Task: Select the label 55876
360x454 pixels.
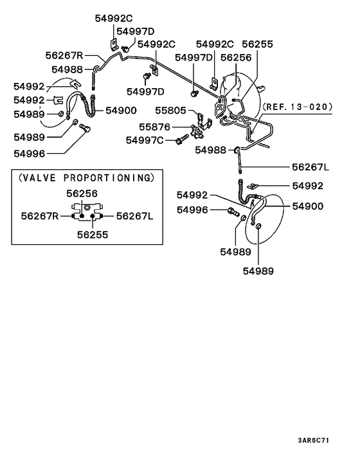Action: (x=154, y=127)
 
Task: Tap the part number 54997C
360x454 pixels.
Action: (x=145, y=140)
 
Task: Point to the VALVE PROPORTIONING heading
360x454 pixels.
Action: (x=86, y=177)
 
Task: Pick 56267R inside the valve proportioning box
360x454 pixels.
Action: (x=40, y=217)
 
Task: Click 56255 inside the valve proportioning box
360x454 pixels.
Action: (x=88, y=235)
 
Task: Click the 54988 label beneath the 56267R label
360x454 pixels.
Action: (x=67, y=69)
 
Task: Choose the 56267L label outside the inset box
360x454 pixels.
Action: (x=310, y=167)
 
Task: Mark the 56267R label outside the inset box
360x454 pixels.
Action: (x=65, y=56)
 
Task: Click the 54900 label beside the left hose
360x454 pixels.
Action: (x=122, y=111)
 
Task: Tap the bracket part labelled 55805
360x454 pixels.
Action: (x=202, y=120)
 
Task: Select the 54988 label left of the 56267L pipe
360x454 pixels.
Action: (x=211, y=150)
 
